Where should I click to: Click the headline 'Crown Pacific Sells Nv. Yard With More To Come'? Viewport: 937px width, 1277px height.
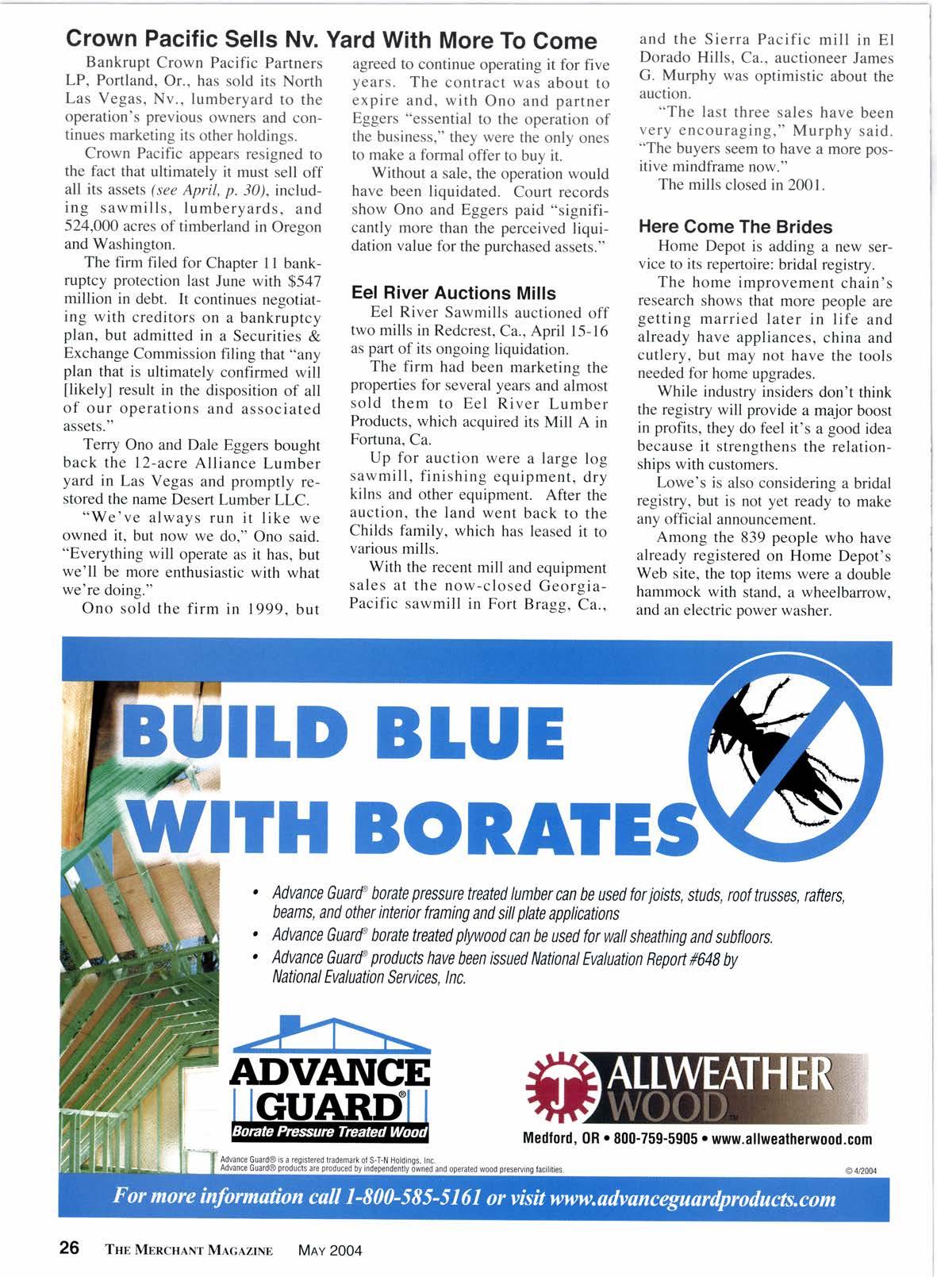click(x=331, y=40)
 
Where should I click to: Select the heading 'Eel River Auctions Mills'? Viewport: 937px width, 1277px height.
click(x=453, y=293)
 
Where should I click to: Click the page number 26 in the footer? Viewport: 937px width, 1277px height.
click(x=69, y=1248)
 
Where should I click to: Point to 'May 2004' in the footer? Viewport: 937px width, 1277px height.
click(x=329, y=1250)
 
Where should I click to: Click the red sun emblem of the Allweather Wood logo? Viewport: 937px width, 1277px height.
click(x=557, y=1083)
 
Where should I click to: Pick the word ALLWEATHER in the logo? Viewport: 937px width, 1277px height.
click(x=717, y=1072)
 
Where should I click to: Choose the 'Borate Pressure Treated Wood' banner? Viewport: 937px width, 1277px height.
click(x=328, y=1131)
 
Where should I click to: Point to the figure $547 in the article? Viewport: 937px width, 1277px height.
click(x=305, y=282)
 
